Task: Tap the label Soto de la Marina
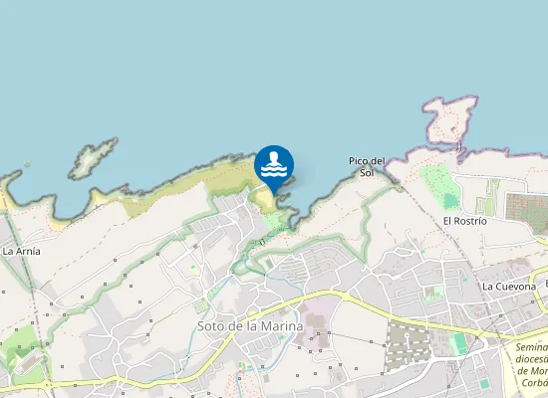click(249, 325)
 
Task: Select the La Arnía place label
click(21, 251)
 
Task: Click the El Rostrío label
click(464, 220)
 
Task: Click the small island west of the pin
click(93, 158)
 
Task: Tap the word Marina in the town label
click(281, 325)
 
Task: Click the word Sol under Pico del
click(367, 173)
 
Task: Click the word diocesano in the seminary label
click(530, 358)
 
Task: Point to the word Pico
click(359, 160)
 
